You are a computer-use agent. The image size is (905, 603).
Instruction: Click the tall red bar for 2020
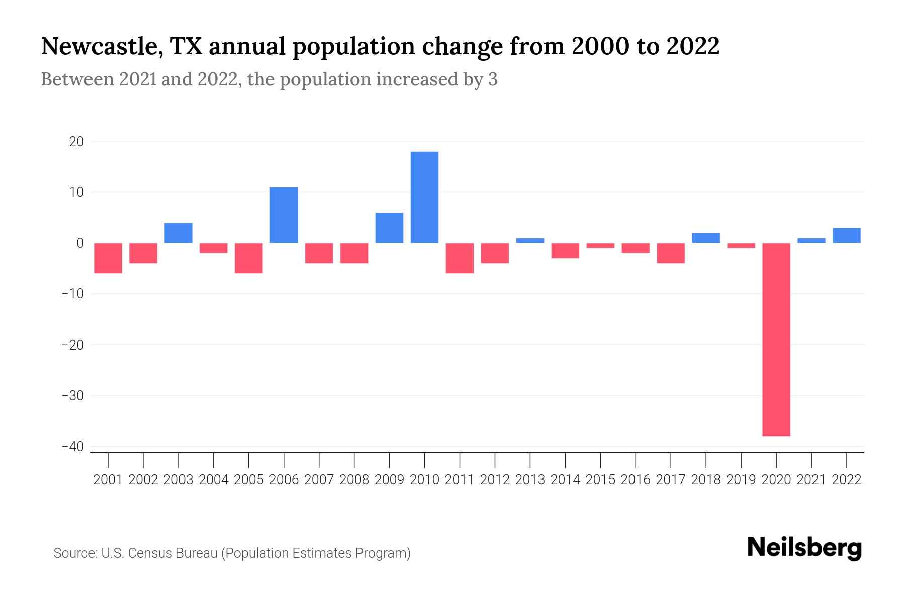coord(776,339)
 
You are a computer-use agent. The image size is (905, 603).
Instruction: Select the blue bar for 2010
coord(424,197)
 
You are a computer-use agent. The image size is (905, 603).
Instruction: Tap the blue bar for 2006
coord(284,215)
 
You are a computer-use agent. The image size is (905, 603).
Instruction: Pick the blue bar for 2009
coord(389,228)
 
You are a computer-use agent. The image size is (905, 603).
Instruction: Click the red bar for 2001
coord(108,258)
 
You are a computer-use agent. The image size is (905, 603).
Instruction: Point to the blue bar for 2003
coord(178,233)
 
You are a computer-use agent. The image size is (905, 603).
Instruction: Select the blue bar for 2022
coord(847,235)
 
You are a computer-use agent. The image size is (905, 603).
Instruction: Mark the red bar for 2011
coord(460,258)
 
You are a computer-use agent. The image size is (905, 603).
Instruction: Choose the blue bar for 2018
coord(706,238)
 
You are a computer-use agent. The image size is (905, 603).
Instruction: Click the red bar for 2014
coord(565,250)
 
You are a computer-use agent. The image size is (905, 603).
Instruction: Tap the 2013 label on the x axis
coord(530,480)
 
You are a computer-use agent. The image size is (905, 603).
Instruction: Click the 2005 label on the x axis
coord(249,480)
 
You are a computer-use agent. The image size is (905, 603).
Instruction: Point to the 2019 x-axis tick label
coord(741,480)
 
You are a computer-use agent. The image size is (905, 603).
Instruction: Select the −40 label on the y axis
coord(72,447)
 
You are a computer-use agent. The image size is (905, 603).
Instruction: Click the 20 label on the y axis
coord(76,142)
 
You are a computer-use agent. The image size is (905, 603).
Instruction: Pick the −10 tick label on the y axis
coord(72,294)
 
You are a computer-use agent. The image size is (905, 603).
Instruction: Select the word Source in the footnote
coord(75,553)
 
